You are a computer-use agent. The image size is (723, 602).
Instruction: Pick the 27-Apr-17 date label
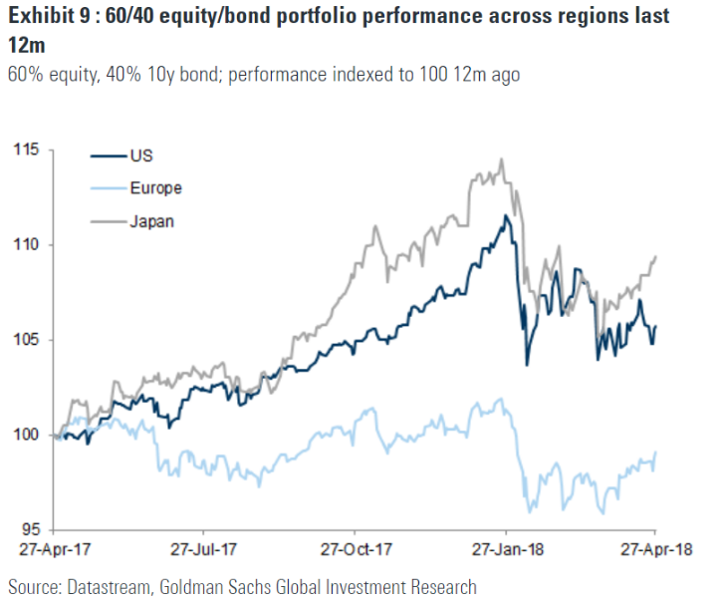point(59,550)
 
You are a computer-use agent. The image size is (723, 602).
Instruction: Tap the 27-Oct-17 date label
point(357,550)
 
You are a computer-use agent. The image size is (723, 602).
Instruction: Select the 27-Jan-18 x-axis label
point(505,550)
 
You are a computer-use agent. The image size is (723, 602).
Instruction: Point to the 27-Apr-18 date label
point(653,550)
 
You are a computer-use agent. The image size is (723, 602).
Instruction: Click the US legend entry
point(140,155)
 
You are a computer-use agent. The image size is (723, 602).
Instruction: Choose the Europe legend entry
point(155,187)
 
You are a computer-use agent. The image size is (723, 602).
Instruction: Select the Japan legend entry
point(151,221)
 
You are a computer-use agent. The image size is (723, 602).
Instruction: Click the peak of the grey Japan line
point(502,159)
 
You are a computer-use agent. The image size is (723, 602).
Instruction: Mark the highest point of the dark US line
point(506,215)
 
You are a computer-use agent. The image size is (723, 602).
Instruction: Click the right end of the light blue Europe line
point(656,453)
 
